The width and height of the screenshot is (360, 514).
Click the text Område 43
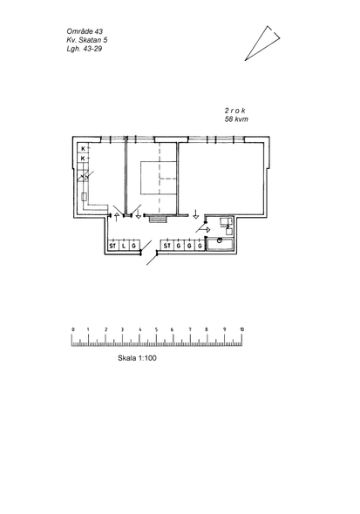click(85, 31)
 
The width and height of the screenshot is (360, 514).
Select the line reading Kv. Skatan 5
click(87, 40)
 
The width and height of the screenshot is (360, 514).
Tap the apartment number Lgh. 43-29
click(85, 49)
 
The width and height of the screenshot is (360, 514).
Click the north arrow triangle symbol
click(262, 43)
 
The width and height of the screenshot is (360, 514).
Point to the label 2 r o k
click(234, 111)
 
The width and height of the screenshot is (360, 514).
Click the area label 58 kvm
click(236, 119)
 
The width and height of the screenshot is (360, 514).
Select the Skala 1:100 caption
click(137, 358)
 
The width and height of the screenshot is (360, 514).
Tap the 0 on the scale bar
click(73, 329)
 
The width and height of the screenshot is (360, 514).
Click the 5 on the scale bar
click(156, 329)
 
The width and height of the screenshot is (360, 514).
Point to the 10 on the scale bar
click(241, 329)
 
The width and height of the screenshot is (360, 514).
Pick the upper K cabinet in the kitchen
click(83, 148)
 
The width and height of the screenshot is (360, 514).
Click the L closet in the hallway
click(123, 246)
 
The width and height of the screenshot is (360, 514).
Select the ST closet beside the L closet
click(112, 246)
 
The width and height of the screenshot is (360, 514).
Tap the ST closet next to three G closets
click(167, 246)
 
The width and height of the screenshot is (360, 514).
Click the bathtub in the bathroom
click(220, 245)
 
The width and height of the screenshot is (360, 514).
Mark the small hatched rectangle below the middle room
click(158, 219)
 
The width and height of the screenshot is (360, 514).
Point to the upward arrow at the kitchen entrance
click(116, 217)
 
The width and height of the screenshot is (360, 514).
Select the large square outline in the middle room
click(159, 178)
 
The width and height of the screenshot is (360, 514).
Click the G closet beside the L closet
click(134, 246)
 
